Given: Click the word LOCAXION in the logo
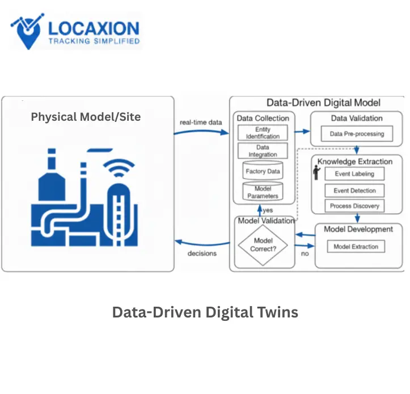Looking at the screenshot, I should (x=93, y=28).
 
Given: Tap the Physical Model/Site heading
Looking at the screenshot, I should (x=86, y=117).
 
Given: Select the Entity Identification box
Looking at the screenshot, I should (x=263, y=133).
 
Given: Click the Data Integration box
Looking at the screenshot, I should (x=263, y=151).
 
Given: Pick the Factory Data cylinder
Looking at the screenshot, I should (x=263, y=171).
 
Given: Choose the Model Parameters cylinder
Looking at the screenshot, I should (x=263, y=192).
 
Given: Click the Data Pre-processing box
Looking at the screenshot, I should (x=357, y=134).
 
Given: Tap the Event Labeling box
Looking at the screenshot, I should (x=354, y=174).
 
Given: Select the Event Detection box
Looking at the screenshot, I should (x=354, y=190).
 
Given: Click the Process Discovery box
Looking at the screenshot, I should (x=354, y=206).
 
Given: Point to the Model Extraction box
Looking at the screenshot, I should (x=356, y=247).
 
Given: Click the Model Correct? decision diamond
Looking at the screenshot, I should (x=263, y=244).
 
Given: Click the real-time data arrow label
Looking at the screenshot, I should (x=200, y=121).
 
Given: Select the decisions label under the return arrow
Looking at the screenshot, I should (x=202, y=253).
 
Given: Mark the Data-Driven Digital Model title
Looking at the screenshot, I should (x=323, y=103).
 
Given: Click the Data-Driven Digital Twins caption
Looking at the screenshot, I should (x=205, y=312).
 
